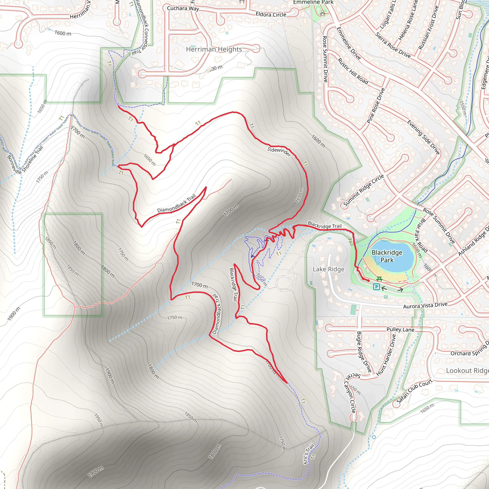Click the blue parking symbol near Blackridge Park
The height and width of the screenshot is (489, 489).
(377, 287)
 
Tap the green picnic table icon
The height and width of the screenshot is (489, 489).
(379, 279)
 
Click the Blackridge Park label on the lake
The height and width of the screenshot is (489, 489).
(387, 256)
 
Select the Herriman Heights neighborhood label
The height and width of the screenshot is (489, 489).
(214, 49)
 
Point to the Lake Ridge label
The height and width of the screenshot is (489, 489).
(329, 269)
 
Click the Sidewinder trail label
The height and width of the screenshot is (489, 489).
(279, 151)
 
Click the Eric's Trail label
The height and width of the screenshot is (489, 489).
(309, 454)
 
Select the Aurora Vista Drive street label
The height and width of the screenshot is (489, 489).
(425, 305)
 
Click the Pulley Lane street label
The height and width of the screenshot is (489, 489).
(400, 330)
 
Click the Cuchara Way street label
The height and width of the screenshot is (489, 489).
(183, 8)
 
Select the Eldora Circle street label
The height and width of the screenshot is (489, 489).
(271, 14)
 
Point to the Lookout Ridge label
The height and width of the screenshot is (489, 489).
(467, 371)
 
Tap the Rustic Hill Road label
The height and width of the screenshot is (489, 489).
(353, 71)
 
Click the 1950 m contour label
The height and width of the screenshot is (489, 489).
(98, 420)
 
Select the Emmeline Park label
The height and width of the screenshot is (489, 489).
(313, 2)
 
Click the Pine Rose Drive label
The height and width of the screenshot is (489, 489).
(376, 106)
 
